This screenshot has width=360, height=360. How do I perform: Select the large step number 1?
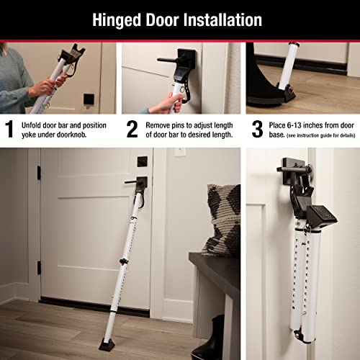[x=10, y=129]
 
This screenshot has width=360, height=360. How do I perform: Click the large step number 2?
[x=132, y=129]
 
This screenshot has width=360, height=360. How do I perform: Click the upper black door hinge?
[x=38, y=173]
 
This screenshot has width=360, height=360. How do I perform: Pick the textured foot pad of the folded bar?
[x=318, y=213]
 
